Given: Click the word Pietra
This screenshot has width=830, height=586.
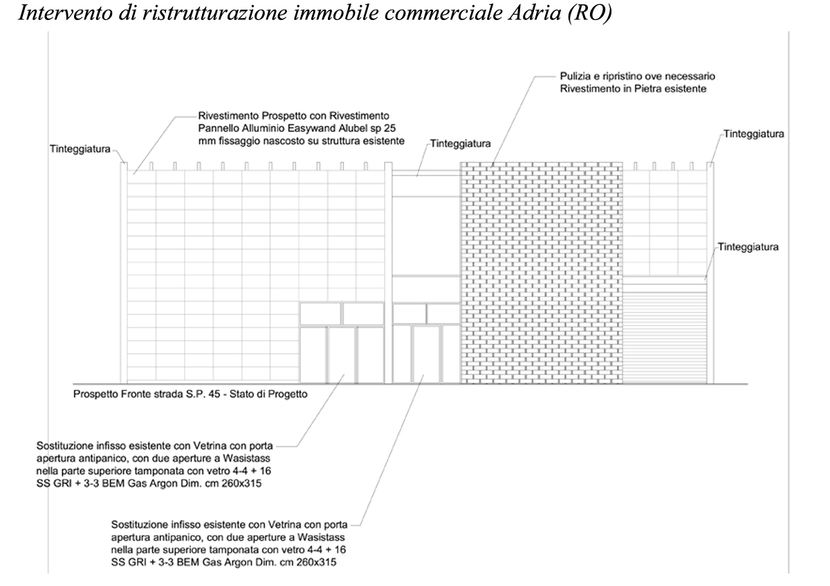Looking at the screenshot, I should tap(644, 88).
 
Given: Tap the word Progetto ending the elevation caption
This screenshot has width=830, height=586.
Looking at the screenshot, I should tap(287, 395).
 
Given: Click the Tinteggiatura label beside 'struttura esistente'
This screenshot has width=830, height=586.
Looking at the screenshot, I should tap(460, 144).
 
